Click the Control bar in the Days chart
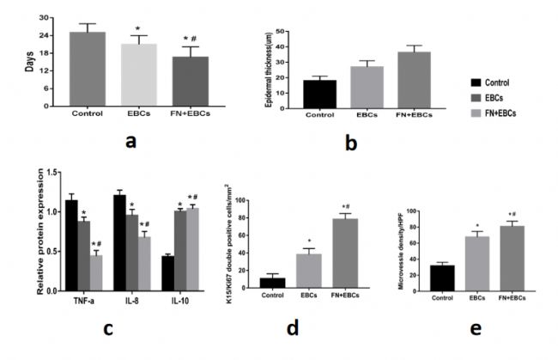tap(88, 69)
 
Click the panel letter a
tap(130, 141)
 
